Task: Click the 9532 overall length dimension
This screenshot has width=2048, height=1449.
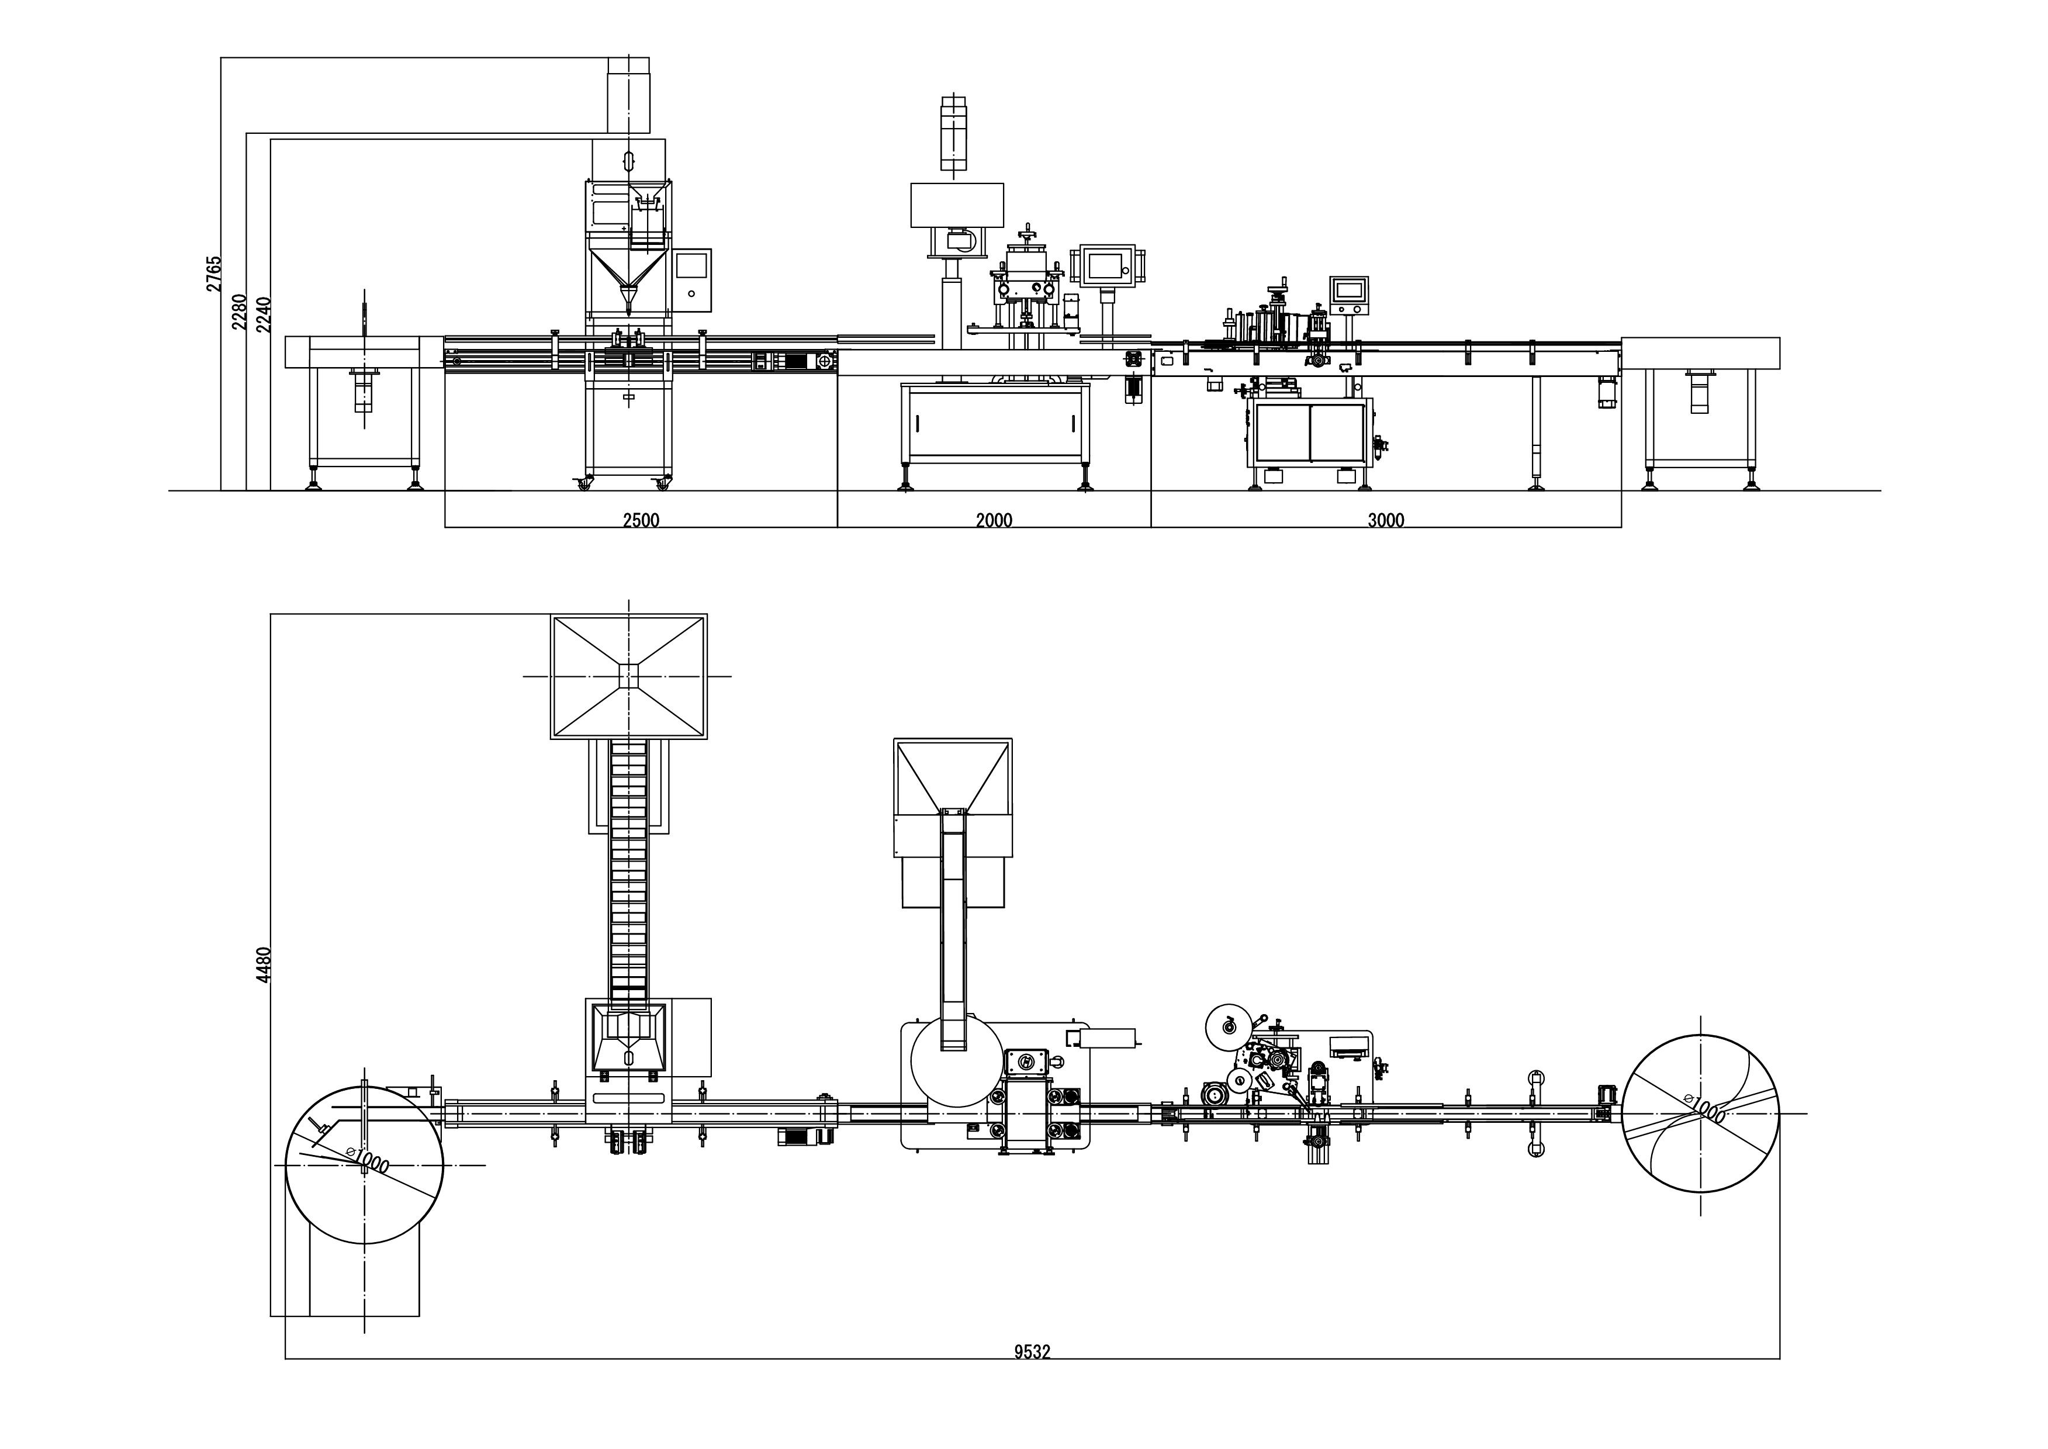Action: (x=1032, y=1352)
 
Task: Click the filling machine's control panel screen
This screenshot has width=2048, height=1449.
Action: (x=691, y=266)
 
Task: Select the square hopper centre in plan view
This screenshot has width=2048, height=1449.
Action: (x=629, y=676)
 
